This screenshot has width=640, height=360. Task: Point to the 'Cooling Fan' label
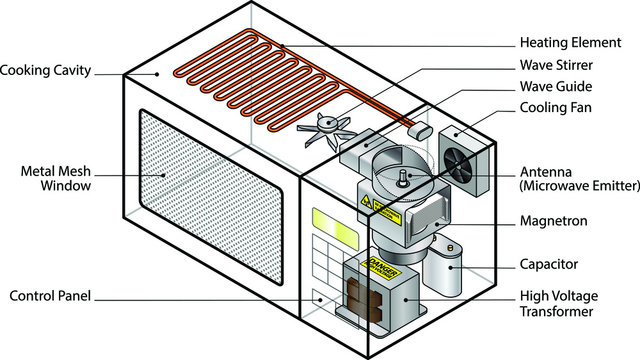pos(557,109)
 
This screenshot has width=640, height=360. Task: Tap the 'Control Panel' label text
pos(51,297)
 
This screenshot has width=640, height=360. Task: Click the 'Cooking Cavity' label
pos(46,71)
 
